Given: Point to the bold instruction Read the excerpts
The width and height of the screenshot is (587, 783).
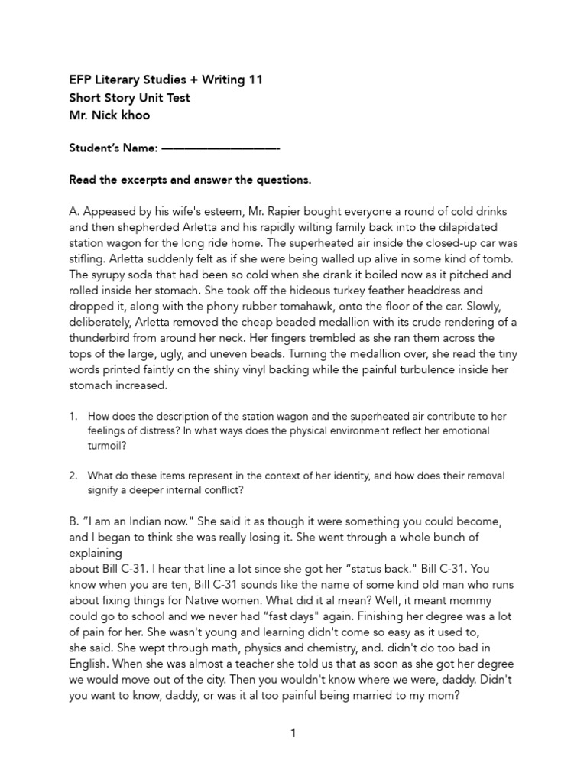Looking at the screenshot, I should coord(122,180).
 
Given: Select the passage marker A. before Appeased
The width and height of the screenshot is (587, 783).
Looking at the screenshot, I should coord(74,211).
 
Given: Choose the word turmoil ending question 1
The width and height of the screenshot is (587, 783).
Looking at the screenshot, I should coord(109,446).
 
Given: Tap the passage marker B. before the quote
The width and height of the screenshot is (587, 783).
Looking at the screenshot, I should coord(74,521).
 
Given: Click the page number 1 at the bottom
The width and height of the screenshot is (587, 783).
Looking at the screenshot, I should coord(293,733).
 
